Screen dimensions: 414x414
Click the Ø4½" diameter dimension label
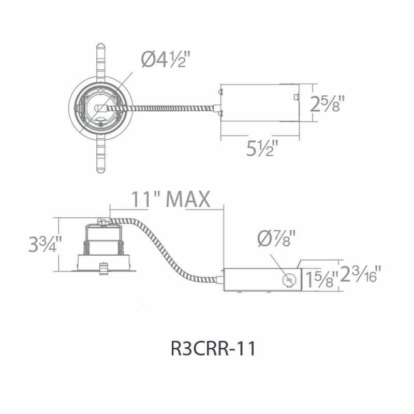tap(166, 60)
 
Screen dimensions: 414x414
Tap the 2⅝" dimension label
tap(328, 104)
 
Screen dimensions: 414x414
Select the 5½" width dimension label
tap(262, 148)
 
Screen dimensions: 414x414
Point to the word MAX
tap(188, 199)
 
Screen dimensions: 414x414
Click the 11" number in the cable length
tap(146, 199)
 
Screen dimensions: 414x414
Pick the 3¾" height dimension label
tap(46, 244)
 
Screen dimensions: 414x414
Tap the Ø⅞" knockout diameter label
tap(276, 239)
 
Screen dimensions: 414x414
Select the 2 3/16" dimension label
tap(360, 274)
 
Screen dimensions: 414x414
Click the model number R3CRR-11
tap(213, 348)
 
